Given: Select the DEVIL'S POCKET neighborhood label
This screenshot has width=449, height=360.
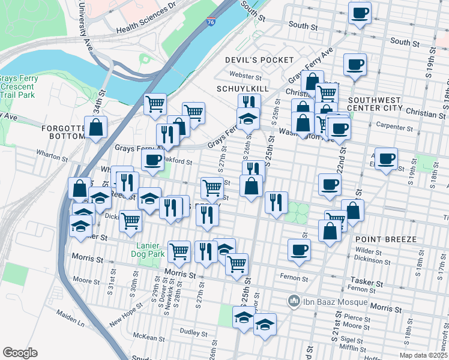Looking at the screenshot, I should click(x=259, y=60).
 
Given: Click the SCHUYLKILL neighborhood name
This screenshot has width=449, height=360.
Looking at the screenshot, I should click(x=241, y=88).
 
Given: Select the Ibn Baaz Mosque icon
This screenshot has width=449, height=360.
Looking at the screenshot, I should click(x=294, y=300).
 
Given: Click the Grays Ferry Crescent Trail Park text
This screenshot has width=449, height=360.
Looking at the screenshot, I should click(x=19, y=86).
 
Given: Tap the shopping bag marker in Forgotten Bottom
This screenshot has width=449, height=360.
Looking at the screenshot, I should click(x=95, y=127).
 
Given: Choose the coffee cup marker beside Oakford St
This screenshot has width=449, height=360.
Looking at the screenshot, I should click(x=152, y=160).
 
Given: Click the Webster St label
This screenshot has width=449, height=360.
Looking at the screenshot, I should click(x=246, y=77).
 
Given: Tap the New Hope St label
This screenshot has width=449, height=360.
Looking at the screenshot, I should click(x=126, y=314).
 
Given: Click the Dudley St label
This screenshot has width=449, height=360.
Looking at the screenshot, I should click(x=193, y=332).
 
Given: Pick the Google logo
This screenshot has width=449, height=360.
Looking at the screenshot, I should click(x=20, y=353).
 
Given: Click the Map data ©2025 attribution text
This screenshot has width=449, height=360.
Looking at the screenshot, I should click(x=423, y=355).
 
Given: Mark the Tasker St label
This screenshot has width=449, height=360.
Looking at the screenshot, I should click(x=360, y=280).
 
